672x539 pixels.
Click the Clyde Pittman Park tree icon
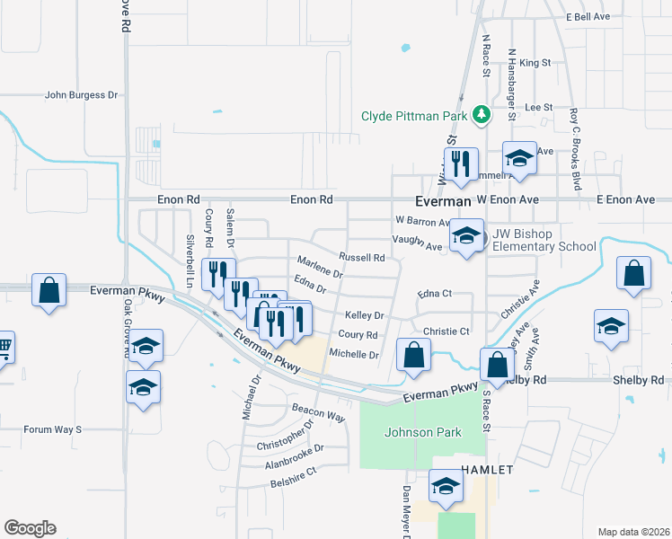coord(482,115)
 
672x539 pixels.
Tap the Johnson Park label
coord(422,432)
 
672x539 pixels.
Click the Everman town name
coord(443,202)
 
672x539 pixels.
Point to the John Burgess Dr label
coord(82,94)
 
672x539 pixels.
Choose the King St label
coord(535,63)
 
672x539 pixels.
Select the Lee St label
coord(538,107)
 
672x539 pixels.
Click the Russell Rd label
coord(362,258)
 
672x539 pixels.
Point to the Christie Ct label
coord(447,331)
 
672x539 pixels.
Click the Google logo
coord(30,528)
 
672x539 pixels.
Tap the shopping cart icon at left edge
coord(4,345)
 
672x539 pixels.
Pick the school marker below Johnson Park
coord(445,485)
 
